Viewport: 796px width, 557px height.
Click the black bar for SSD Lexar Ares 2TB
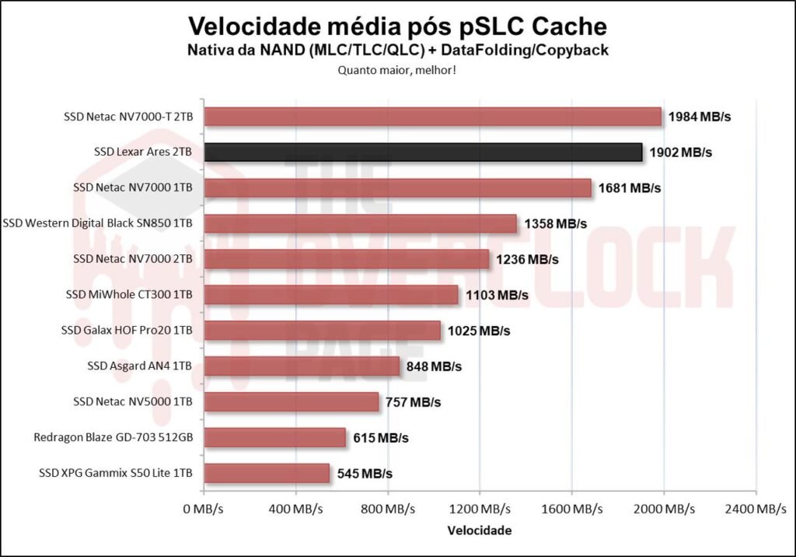(x=423, y=152)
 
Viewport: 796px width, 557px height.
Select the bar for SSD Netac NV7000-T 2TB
(x=432, y=117)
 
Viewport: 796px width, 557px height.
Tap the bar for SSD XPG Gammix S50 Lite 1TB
(x=267, y=473)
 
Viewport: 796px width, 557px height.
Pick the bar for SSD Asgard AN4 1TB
(x=302, y=366)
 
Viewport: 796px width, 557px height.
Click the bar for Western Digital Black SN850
(x=360, y=224)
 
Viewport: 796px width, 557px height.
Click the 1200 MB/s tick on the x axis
(x=480, y=509)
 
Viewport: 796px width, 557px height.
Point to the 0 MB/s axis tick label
(x=204, y=509)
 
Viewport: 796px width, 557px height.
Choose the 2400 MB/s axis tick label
(x=755, y=509)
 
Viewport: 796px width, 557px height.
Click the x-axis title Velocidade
(x=480, y=531)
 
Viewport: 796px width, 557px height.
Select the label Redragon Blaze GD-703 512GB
(x=113, y=438)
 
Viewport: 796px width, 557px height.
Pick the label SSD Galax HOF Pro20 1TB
(x=127, y=331)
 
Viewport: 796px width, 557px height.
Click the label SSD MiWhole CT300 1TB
(x=130, y=295)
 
